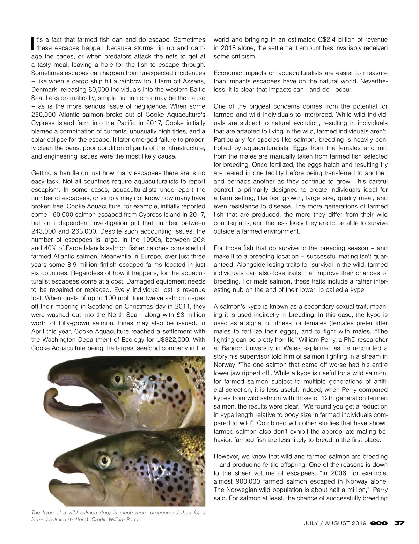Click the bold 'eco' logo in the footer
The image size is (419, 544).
tap(379, 523)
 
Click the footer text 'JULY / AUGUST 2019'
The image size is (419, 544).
tap(335, 523)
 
